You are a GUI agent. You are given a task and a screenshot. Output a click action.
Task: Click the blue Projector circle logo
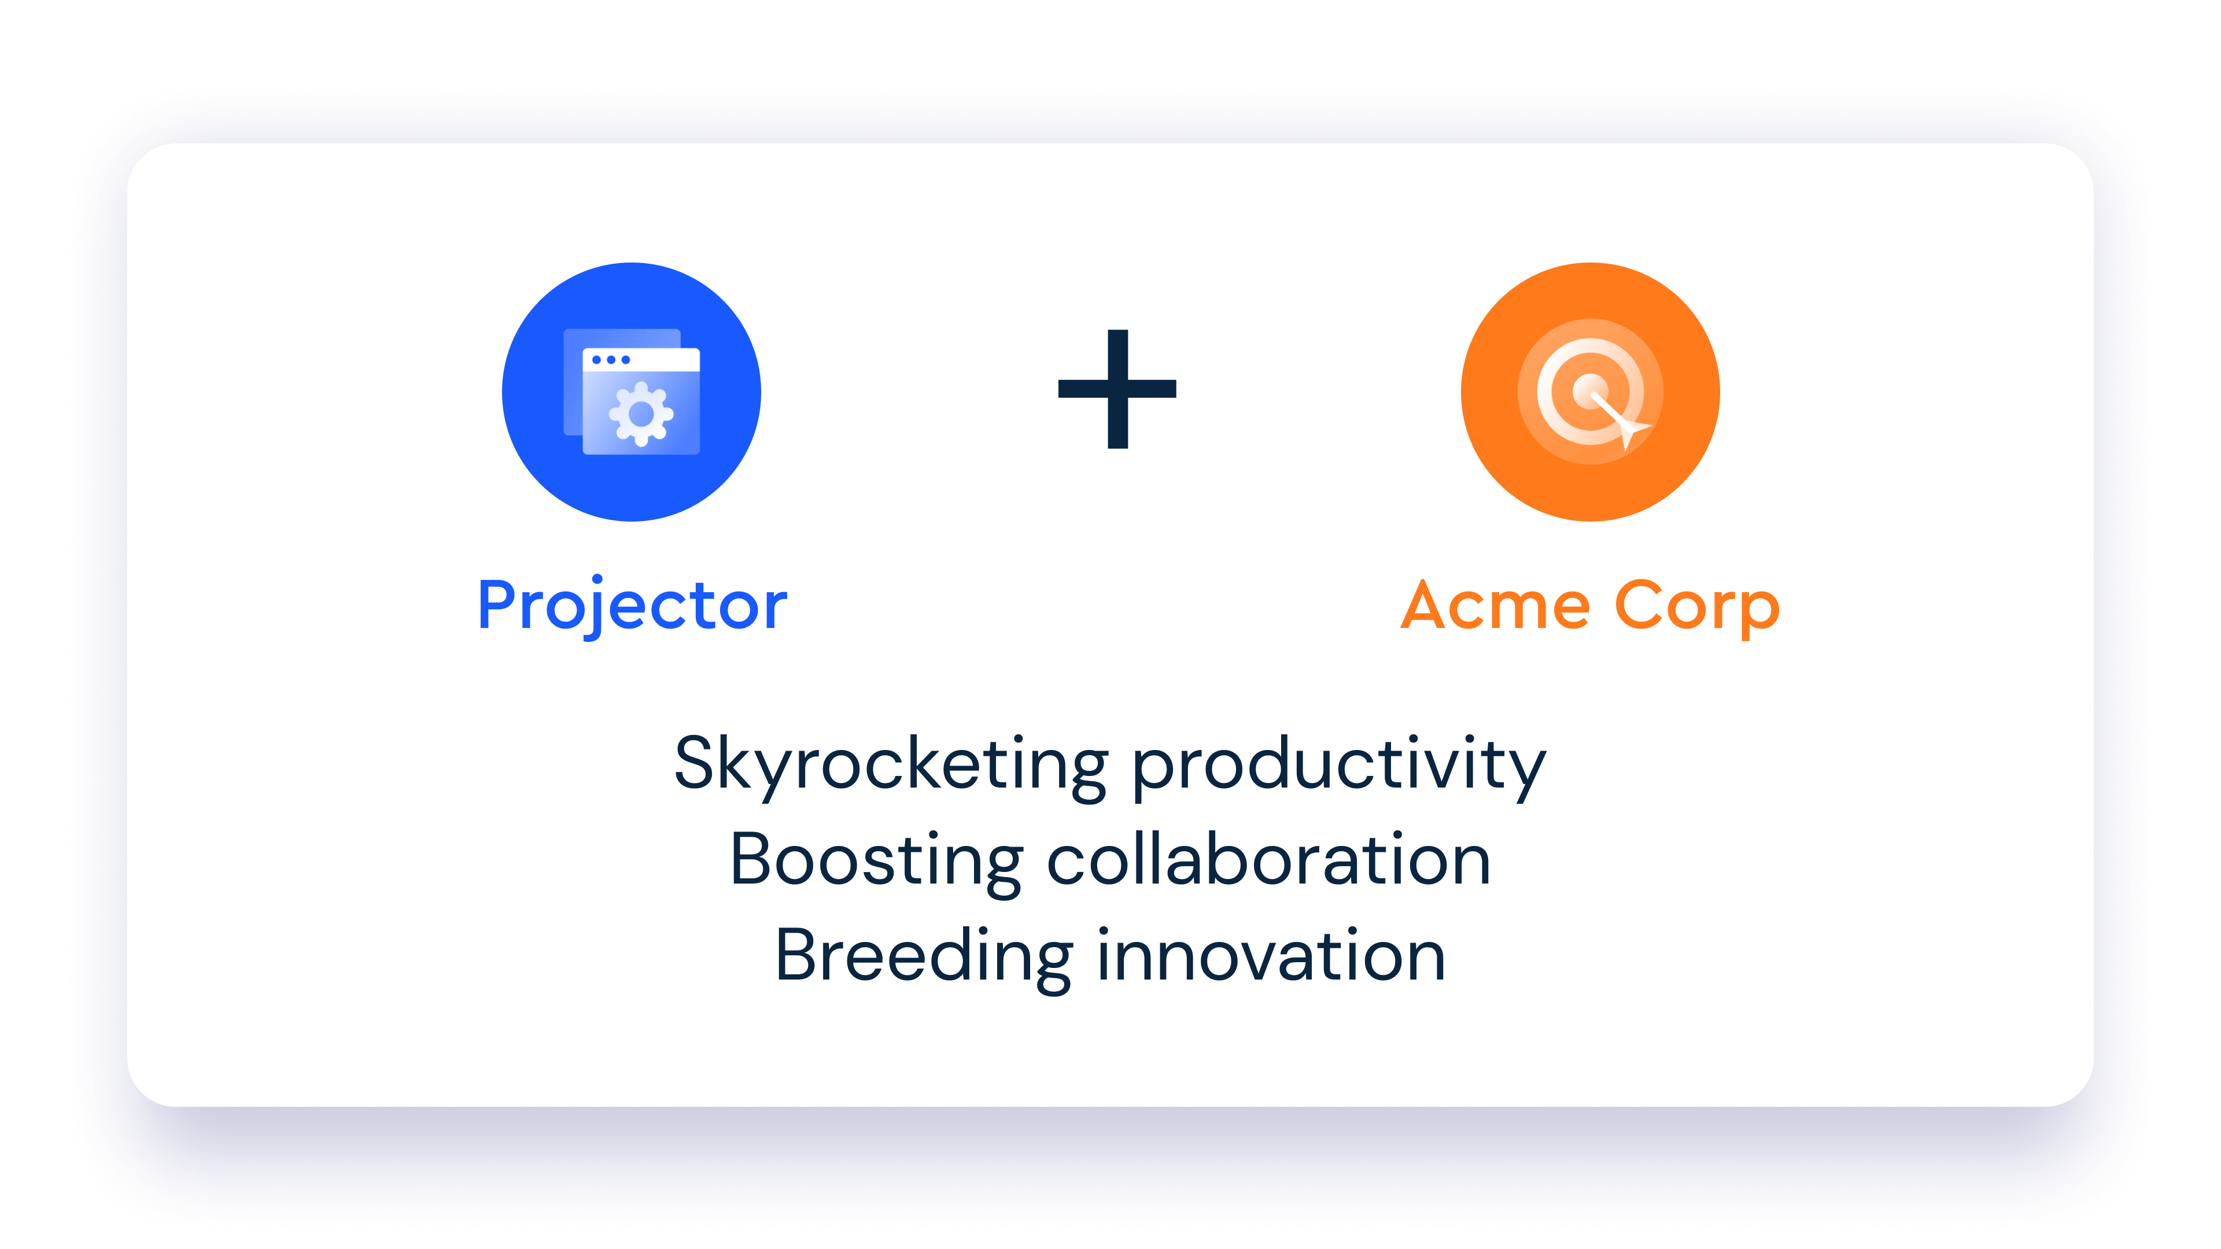coord(631,392)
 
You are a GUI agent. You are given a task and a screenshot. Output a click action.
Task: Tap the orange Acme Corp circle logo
coord(1590,392)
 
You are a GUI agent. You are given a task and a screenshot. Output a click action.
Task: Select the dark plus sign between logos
coord(1117,389)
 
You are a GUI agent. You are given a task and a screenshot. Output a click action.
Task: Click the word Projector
coord(632,607)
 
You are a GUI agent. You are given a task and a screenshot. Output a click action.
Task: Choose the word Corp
coord(1697,608)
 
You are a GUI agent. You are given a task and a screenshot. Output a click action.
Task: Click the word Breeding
coord(924,957)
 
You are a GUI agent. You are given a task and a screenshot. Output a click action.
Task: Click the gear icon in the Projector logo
coord(641,414)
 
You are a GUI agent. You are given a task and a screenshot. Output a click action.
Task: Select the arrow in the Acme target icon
coord(1619,420)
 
